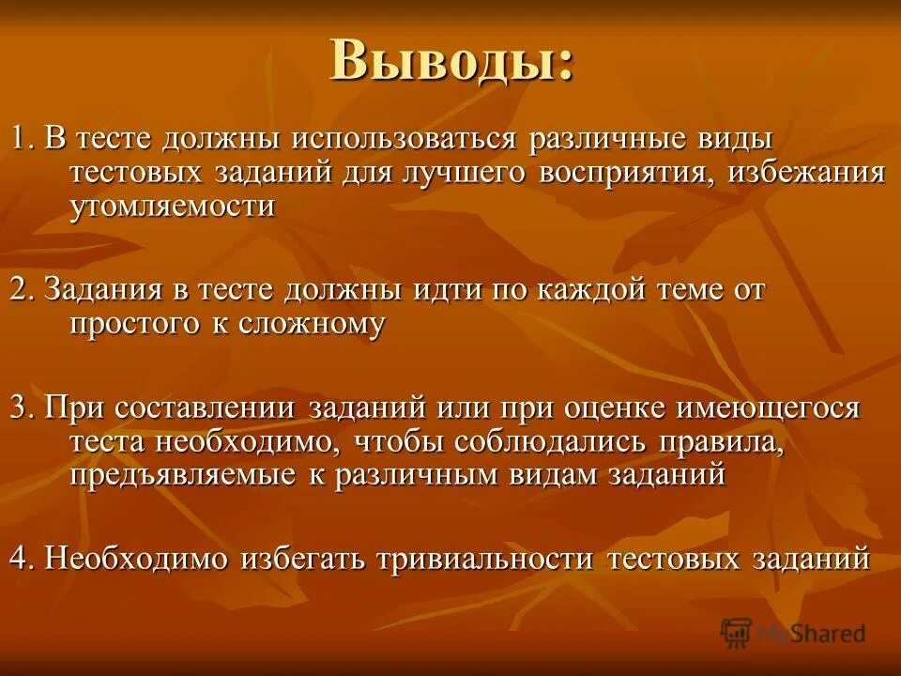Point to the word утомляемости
tap(173, 207)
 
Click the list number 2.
tap(20, 290)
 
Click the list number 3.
tap(20, 407)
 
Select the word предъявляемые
tap(182, 474)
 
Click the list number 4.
tap(20, 558)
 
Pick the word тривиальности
tap(484, 558)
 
